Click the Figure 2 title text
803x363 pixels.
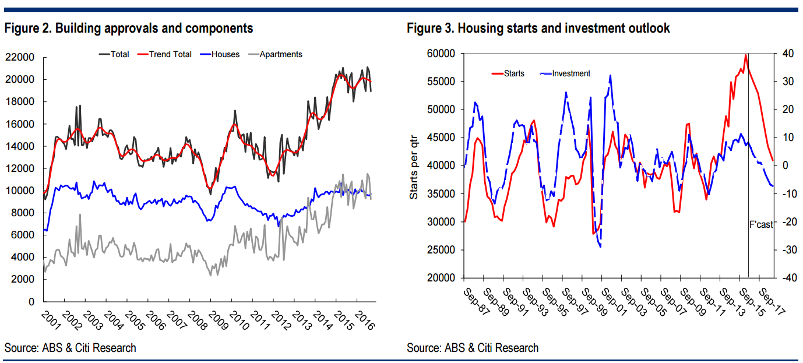tap(129, 28)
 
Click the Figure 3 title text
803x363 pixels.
tap(538, 28)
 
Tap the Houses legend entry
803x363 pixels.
tap(225, 54)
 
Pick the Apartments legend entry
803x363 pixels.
tap(280, 54)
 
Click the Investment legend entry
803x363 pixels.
tap(570, 73)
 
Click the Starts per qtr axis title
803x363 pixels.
tap(414, 165)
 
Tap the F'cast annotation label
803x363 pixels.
tap(761, 224)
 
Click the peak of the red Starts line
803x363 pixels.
tap(745, 55)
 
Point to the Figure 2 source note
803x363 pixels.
tap(71, 348)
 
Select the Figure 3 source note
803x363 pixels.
tap(473, 348)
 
